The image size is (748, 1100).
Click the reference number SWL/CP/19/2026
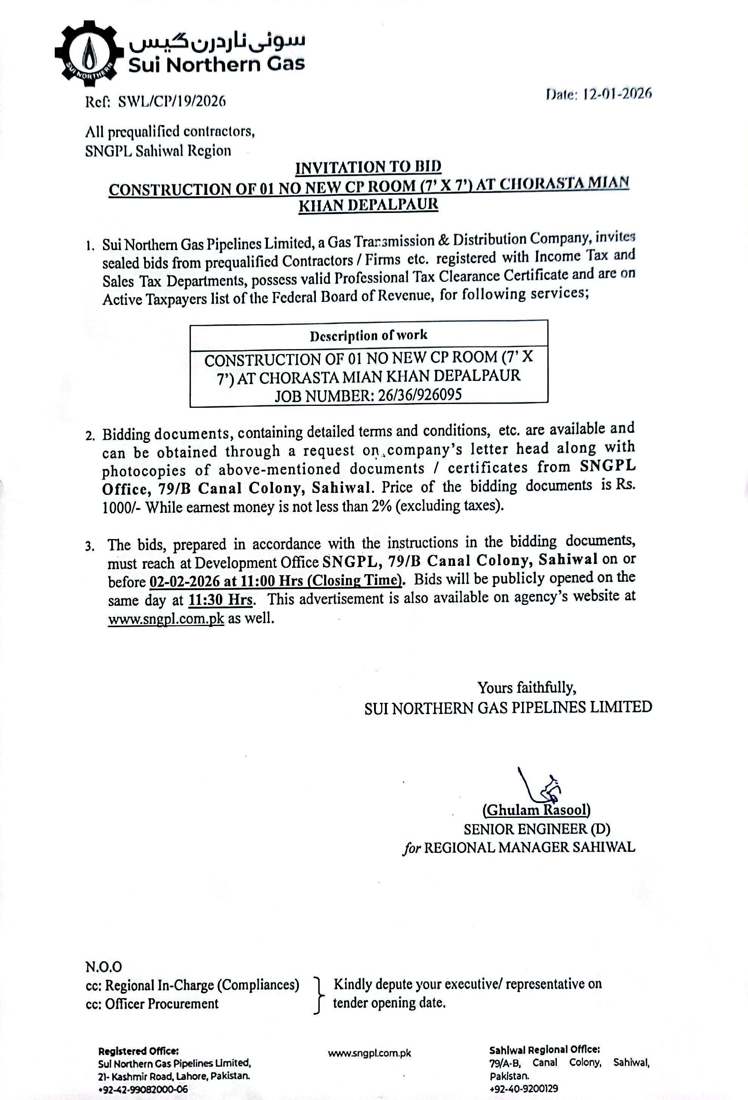[x=171, y=101]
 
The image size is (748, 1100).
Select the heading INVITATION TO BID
[x=368, y=167]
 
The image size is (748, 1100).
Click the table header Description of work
[x=368, y=335]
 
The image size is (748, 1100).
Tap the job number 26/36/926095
[x=419, y=395]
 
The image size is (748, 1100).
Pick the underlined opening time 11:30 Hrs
[x=220, y=600]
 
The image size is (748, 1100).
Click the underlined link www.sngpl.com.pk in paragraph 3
[x=166, y=618]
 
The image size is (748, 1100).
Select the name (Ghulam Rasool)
[x=536, y=810]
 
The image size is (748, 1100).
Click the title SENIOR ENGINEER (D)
[x=537, y=829]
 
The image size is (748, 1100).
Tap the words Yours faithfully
[x=526, y=687]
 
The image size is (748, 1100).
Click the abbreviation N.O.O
[x=104, y=966]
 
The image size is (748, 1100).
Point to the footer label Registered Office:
[x=138, y=1051]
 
